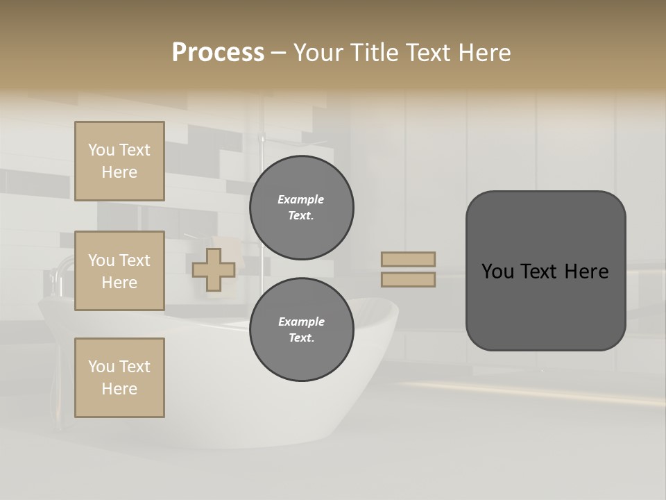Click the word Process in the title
pyautogui.click(x=218, y=52)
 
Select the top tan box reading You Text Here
pyautogui.click(x=119, y=161)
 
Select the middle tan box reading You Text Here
pyautogui.click(x=119, y=271)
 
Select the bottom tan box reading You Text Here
pyautogui.click(x=119, y=378)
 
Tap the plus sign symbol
pyautogui.click(x=214, y=269)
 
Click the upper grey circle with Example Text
pyautogui.click(x=302, y=208)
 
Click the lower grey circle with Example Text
pyautogui.click(x=302, y=330)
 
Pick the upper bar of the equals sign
pyautogui.click(x=409, y=259)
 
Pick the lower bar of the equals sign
pyautogui.click(x=409, y=279)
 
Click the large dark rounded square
pyautogui.click(x=545, y=306)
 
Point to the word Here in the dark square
pyautogui.click(x=586, y=272)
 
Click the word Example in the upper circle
pyautogui.click(x=301, y=199)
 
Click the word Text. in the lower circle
pyautogui.click(x=301, y=338)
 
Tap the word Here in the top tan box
pyautogui.click(x=119, y=172)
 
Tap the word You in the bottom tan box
pyautogui.click(x=101, y=367)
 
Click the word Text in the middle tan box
pyautogui.click(x=135, y=260)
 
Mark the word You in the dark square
pyautogui.click(x=497, y=272)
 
